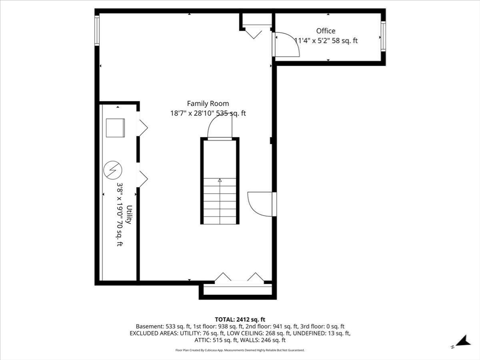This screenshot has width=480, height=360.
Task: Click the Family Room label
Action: pos(208,104)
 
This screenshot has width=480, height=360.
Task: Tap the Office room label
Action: pos(325,31)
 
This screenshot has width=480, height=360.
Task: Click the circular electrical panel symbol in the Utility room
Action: pos(112,169)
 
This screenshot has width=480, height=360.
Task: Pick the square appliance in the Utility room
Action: pos(115,127)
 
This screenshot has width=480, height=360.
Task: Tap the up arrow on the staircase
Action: pos(220,180)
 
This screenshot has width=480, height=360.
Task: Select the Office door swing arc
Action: pos(287,45)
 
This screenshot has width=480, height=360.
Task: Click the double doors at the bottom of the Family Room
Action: pos(239,278)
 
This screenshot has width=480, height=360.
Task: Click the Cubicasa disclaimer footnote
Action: pos(240,350)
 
